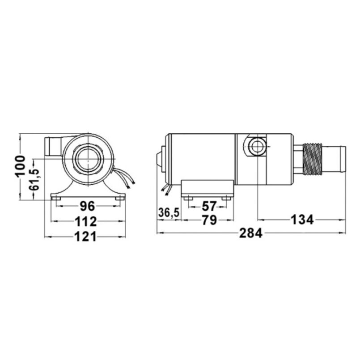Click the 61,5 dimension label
[33, 180]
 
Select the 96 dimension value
[87, 206]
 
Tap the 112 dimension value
[86, 221]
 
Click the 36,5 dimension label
[169, 213]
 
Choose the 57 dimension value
[209, 206]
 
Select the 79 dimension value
[209, 220]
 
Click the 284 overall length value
[253, 234]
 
